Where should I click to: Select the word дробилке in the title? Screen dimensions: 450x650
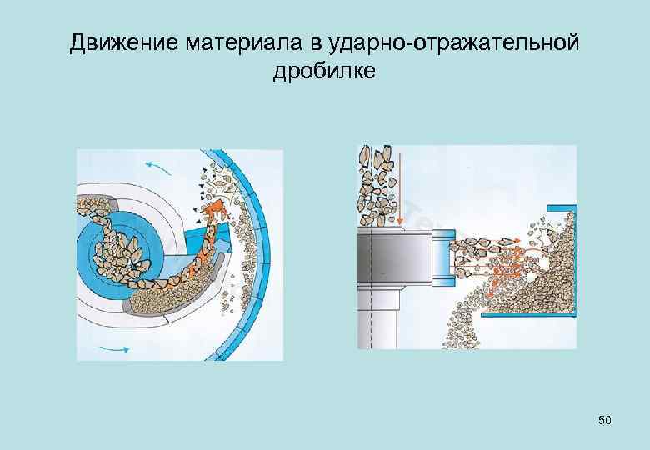pos(324,72)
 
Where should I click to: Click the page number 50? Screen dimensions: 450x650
pos(604,421)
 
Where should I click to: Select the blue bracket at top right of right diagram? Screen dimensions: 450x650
pos(560,208)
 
